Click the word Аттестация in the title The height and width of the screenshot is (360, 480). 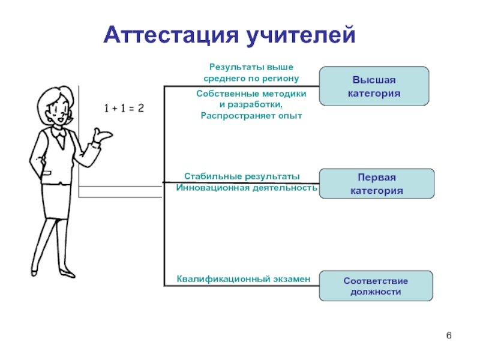(x=171, y=35)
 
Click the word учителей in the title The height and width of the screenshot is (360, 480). (x=301, y=35)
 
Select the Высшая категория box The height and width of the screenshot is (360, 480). (x=374, y=86)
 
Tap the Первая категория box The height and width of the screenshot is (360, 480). (x=377, y=184)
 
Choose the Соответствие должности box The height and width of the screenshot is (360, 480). (x=376, y=286)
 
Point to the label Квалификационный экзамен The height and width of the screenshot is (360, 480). (x=244, y=279)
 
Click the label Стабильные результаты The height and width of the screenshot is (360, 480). (x=242, y=176)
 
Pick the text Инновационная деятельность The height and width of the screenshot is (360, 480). (x=247, y=187)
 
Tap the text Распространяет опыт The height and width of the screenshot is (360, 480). (x=251, y=116)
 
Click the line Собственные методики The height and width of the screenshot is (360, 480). (x=251, y=94)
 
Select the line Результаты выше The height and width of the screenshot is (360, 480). (x=251, y=67)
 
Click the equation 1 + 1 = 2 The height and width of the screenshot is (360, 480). (x=124, y=108)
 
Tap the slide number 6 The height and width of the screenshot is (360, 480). (x=449, y=335)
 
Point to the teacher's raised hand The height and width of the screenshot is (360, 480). (x=103, y=134)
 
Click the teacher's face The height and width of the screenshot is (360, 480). (x=59, y=111)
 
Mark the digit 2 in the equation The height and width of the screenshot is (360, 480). (x=141, y=108)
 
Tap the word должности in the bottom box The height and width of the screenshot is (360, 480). (x=376, y=292)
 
